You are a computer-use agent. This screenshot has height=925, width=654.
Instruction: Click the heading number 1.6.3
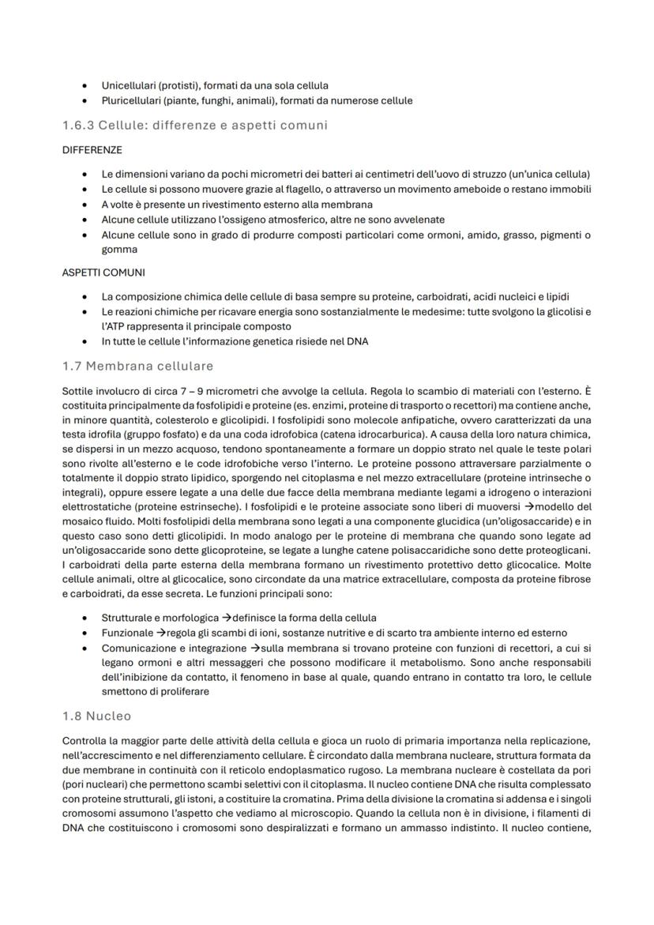tap(78, 125)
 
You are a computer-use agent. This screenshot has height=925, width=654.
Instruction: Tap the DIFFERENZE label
tap(92, 149)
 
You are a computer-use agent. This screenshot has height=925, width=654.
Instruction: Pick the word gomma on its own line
tap(118, 249)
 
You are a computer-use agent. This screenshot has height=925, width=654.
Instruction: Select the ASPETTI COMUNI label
tap(98, 273)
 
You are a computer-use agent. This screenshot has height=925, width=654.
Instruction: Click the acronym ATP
tap(118, 326)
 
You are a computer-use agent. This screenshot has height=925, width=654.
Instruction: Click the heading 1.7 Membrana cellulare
tap(137, 366)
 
